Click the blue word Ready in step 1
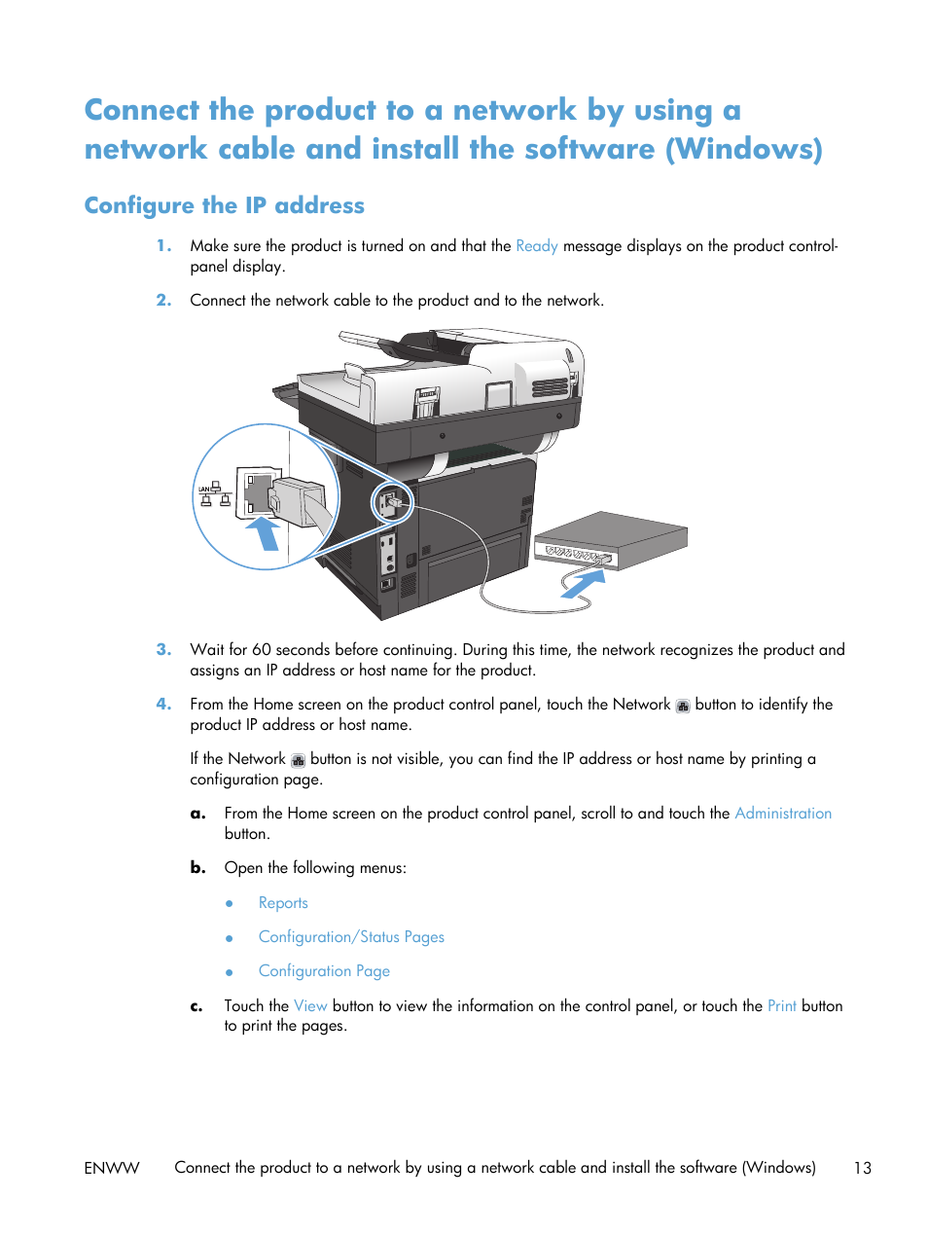coord(536,246)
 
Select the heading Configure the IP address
coord(224,205)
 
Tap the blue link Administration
coord(782,814)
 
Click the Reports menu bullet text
coord(283,903)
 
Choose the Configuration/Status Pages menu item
coord(351,937)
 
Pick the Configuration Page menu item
coord(324,971)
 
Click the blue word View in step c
coord(310,1006)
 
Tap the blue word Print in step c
coord(781,1006)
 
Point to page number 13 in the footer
coord(862,1168)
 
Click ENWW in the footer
coord(112,1168)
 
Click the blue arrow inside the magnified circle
coord(263,533)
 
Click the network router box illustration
coord(611,539)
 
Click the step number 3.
coord(163,650)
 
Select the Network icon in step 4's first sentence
coord(683,706)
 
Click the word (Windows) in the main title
coord(744,149)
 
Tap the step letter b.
coord(197,868)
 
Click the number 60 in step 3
coord(261,650)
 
